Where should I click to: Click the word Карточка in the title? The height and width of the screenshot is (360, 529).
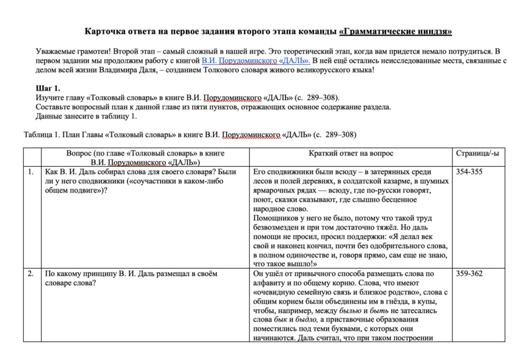(108, 32)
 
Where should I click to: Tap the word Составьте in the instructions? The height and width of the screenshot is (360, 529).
(56, 107)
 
